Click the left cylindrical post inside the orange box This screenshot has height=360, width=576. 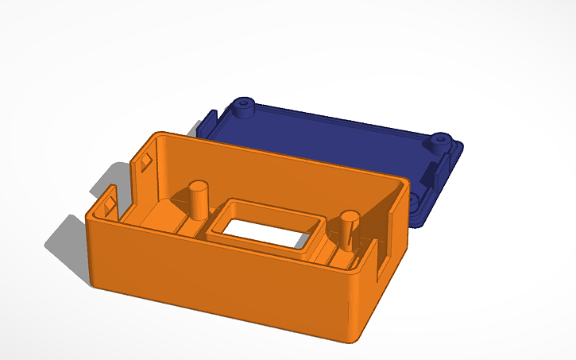point(198,203)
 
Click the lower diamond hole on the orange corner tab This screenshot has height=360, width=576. point(109,208)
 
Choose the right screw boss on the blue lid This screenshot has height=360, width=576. point(438,143)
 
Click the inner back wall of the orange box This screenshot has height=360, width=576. point(278,171)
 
